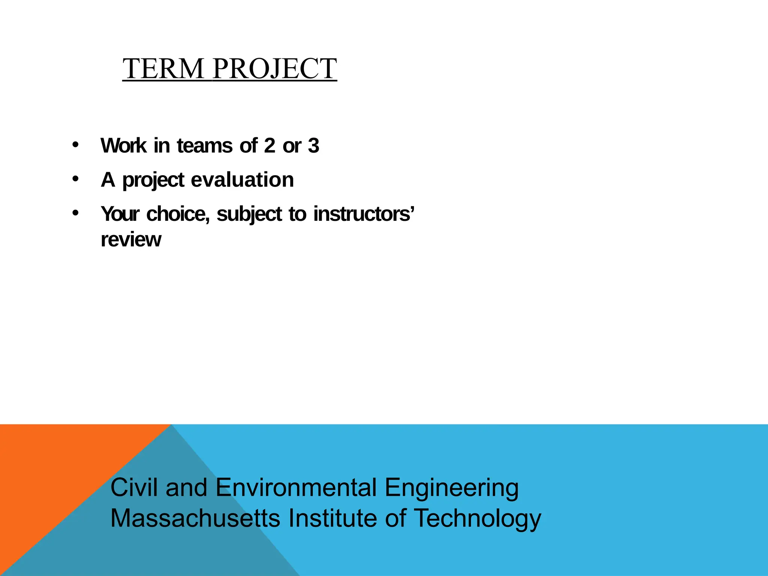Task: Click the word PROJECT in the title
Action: (x=274, y=69)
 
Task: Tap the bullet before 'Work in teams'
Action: (x=76, y=145)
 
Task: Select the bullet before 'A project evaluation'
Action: (x=76, y=179)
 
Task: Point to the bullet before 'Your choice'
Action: (x=76, y=213)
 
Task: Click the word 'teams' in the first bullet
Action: (x=204, y=145)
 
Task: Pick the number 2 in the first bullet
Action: (x=269, y=145)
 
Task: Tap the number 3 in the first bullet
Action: (x=313, y=145)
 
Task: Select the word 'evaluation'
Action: (x=242, y=180)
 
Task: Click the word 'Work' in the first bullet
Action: (x=123, y=145)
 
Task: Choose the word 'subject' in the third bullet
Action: (x=249, y=214)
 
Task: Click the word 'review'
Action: (x=131, y=240)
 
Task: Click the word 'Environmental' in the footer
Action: (x=296, y=487)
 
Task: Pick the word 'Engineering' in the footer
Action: (x=451, y=488)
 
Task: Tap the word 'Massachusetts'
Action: (x=195, y=518)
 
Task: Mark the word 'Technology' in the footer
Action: (x=477, y=519)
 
